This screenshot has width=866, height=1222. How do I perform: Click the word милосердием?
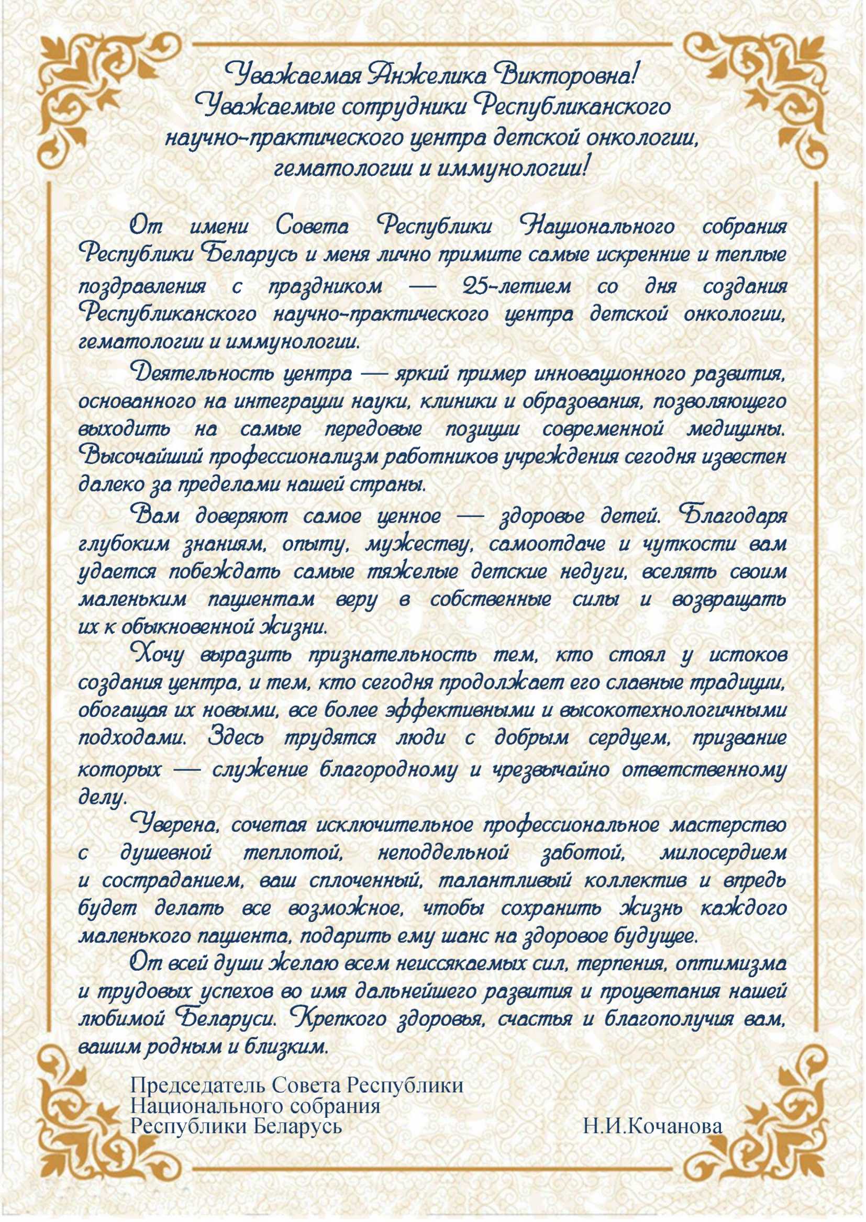723,853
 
